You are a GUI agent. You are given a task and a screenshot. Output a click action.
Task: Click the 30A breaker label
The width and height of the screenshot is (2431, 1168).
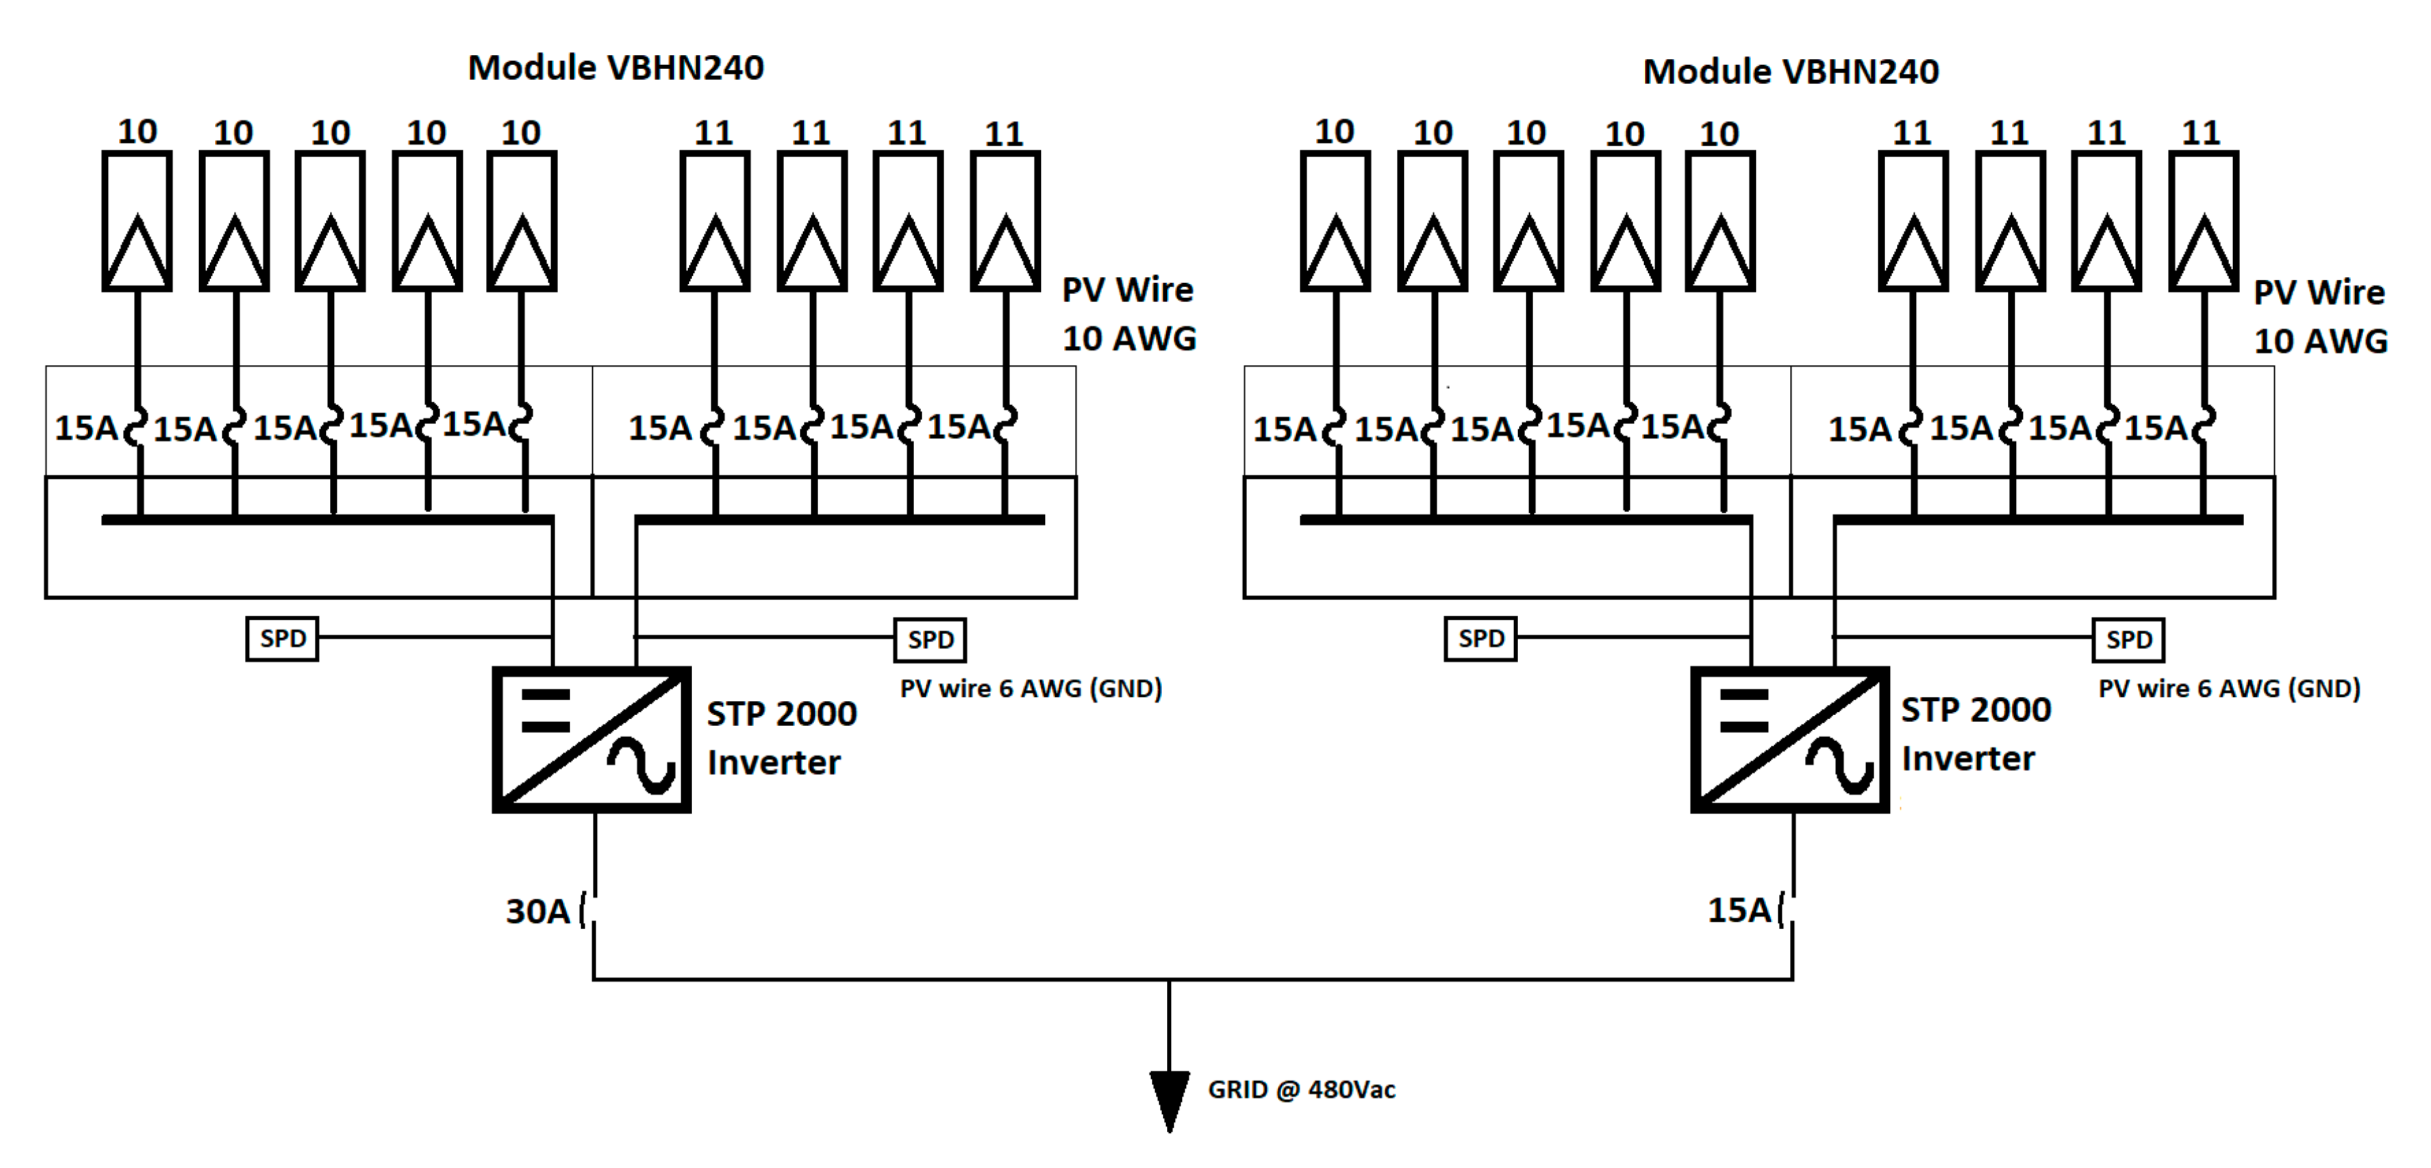point(538,911)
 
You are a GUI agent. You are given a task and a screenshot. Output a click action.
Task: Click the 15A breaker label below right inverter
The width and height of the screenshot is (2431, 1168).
point(1739,909)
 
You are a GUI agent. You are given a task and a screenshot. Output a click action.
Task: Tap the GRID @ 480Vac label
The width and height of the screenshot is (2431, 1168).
point(1301,1090)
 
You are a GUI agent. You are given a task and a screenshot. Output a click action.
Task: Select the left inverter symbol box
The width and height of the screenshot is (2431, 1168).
point(592,739)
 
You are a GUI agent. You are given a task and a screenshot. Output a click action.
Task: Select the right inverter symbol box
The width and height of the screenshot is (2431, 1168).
point(1790,739)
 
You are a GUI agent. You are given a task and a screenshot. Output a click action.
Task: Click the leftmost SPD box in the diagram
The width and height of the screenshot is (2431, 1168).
point(282,639)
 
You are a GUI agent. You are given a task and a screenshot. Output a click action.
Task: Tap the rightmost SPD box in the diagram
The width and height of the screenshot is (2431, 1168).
point(2128,639)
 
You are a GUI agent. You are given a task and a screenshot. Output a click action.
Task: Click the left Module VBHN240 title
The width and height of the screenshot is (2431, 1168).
point(616,68)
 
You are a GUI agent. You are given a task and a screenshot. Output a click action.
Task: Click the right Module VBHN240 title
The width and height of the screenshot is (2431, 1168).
point(1790,72)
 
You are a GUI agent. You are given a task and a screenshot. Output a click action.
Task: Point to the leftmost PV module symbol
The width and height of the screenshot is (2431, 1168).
point(137,221)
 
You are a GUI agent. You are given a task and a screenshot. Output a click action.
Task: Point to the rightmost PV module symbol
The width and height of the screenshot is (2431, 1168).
point(2203,221)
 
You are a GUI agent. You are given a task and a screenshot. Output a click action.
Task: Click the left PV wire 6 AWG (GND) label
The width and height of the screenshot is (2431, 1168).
point(1030,688)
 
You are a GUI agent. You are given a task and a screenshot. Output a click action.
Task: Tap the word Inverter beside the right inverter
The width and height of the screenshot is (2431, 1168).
point(1968,758)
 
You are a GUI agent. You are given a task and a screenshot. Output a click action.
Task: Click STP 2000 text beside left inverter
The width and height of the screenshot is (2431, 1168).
point(782,714)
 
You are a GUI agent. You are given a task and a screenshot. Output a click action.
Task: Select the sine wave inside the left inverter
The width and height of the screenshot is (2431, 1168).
point(641,764)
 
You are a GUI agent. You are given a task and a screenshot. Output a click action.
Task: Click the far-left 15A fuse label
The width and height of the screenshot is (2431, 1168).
point(86,428)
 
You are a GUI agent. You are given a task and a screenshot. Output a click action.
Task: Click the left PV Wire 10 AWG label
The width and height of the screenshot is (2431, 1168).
point(1129,313)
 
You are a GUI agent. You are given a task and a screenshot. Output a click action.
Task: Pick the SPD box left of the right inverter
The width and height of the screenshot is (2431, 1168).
point(1480,639)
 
